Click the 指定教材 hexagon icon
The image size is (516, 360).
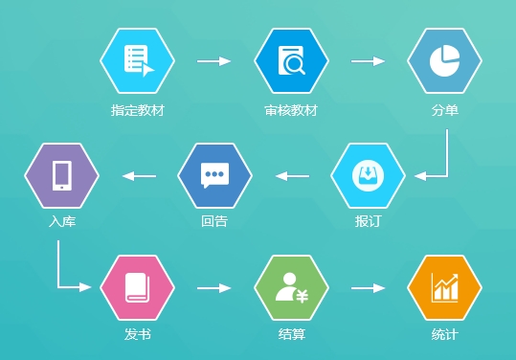coord(138,61)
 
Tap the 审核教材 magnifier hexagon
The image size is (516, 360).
coord(291,61)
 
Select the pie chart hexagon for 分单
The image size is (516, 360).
coord(444,61)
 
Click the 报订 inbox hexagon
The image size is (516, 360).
coord(368,176)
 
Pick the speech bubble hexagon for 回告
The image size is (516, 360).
coord(214,176)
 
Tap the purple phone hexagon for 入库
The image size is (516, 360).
coord(61,176)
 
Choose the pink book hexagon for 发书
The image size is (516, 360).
coord(138,287)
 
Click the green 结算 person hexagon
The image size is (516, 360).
coord(291,287)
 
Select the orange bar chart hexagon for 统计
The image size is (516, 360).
coord(444,287)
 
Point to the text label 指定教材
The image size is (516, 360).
coord(138,110)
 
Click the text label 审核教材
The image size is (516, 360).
coord(291,110)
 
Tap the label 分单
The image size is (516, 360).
coord(445,110)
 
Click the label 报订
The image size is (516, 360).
coord(368,222)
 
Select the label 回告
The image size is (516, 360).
coord(214,222)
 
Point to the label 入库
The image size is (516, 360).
coord(61,222)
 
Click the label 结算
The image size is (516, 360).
coord(291,335)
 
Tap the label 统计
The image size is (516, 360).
coord(444,335)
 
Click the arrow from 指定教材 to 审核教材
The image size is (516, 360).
coord(214,61)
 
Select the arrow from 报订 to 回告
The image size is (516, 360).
coord(292,176)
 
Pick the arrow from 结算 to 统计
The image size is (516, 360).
coord(368,287)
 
